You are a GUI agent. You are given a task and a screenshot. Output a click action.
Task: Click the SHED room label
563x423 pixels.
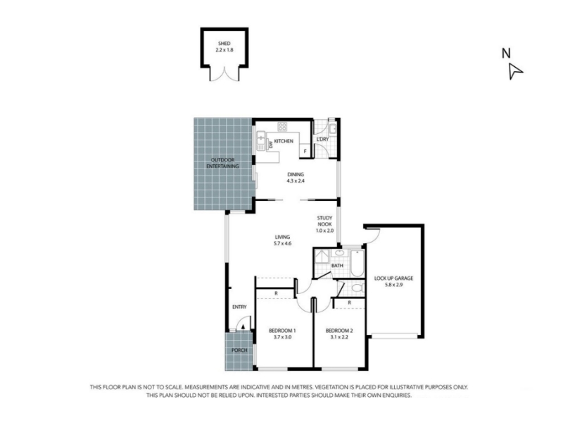[x=224, y=44]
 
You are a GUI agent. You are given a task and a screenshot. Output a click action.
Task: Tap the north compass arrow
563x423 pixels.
[x=515, y=71]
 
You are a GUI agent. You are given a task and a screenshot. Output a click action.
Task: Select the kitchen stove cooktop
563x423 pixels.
[x=282, y=127]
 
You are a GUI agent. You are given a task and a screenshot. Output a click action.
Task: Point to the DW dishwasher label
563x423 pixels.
[x=271, y=145]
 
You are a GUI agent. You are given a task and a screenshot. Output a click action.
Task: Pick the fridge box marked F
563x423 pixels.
[x=305, y=152]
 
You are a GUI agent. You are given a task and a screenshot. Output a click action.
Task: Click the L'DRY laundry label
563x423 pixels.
[x=322, y=139]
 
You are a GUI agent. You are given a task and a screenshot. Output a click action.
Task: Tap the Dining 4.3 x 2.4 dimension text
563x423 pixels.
[x=296, y=181]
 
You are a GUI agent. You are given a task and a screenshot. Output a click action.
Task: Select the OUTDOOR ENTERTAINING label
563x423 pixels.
[x=222, y=163]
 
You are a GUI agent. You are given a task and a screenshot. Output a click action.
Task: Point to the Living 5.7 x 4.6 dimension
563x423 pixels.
[x=282, y=243]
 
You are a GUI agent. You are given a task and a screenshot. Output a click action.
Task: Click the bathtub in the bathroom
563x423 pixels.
[x=357, y=263]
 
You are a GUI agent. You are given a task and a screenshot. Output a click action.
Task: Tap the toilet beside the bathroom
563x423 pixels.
[x=358, y=288]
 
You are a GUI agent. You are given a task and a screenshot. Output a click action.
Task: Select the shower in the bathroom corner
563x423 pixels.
[x=322, y=257]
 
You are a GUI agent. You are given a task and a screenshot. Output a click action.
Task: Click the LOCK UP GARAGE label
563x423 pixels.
[x=393, y=278]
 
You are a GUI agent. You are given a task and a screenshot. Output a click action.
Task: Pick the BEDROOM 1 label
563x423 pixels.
[x=282, y=331]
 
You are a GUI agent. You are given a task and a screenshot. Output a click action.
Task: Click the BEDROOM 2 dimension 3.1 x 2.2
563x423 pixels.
[x=339, y=337]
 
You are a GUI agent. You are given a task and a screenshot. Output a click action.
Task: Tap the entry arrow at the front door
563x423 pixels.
[x=243, y=326]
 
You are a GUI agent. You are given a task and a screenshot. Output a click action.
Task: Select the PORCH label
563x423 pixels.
[x=239, y=350]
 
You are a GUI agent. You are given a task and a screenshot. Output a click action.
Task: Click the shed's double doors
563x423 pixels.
[x=224, y=74]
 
